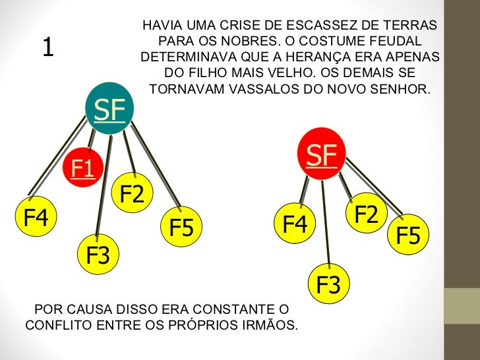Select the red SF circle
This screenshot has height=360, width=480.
pos(321,154)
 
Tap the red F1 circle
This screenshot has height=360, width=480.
pos(83,168)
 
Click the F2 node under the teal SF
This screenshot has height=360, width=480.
pos(132,195)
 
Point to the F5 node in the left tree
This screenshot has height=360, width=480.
pos(181,227)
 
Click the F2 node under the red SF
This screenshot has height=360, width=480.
pos(367,214)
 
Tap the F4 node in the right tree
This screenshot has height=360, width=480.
pos(295,225)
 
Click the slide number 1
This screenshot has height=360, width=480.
pos(47,47)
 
